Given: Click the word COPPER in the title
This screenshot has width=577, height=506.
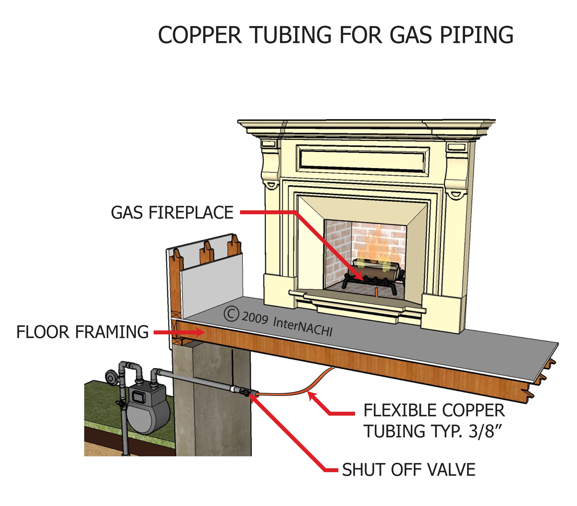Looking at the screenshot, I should click(x=200, y=35).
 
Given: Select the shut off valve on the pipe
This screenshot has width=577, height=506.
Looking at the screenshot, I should click(x=245, y=392).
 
